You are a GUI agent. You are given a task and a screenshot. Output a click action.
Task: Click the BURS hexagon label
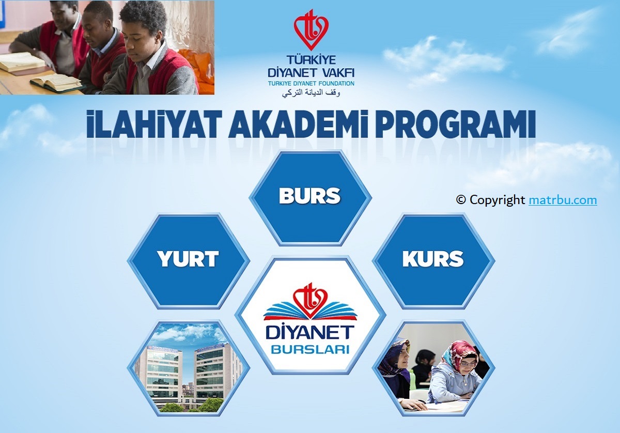click(309, 196)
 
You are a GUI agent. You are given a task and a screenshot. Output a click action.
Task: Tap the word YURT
click(188, 259)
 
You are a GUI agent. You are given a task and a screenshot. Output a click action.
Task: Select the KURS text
click(433, 259)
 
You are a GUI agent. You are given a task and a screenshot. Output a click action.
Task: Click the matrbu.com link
click(563, 200)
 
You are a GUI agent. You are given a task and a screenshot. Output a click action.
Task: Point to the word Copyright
click(497, 200)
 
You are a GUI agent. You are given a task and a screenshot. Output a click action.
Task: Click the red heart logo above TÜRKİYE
click(311, 29)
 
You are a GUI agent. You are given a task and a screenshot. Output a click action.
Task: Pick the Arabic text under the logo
click(311, 92)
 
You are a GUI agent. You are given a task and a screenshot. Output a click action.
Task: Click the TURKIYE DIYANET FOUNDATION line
click(311, 83)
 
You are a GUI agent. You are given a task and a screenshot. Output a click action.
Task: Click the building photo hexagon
click(189, 368)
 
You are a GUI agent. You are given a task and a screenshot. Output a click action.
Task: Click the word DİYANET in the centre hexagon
click(311, 332)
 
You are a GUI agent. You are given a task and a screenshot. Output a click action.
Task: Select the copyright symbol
click(461, 200)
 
